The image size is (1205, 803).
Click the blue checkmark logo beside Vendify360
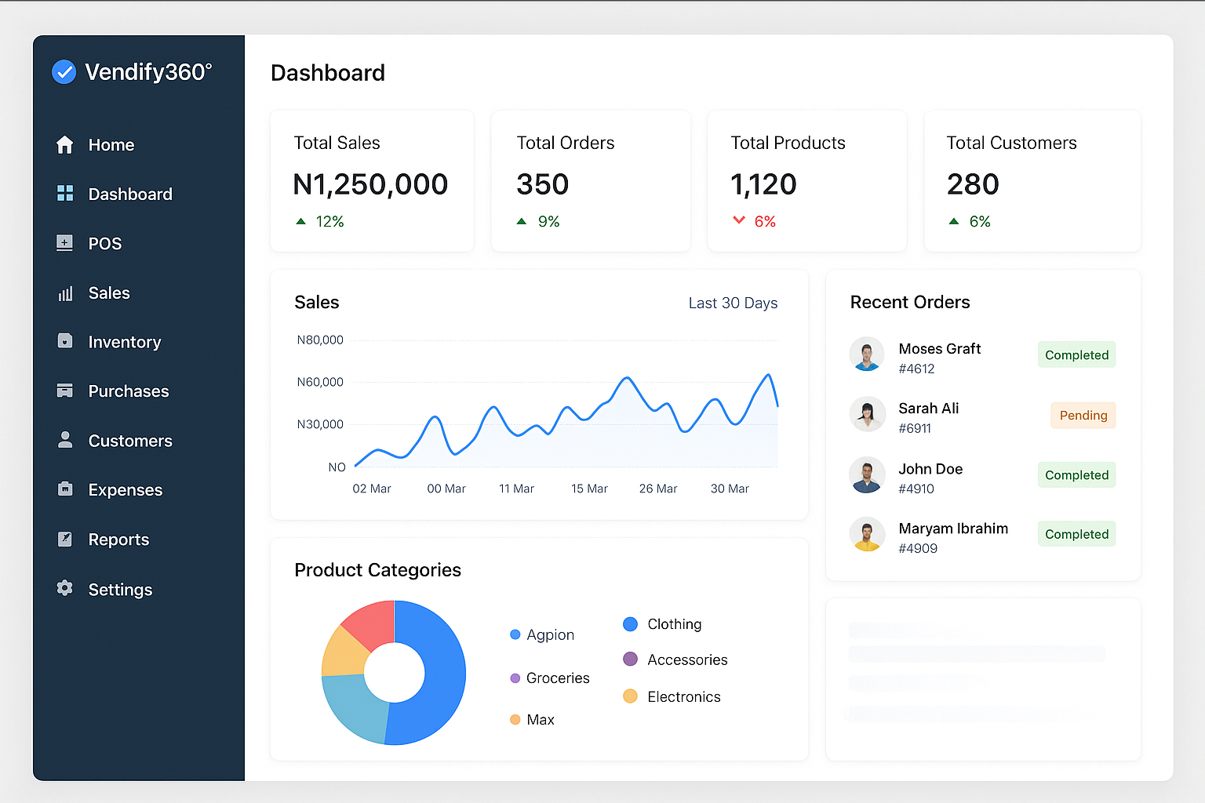pyautogui.click(x=64, y=72)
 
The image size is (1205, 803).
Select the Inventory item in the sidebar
pyautogui.click(x=124, y=342)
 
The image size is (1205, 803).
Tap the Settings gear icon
pyautogui.click(x=65, y=588)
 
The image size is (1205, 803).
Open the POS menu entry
pyautogui.click(x=104, y=243)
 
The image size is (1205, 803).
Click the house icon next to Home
pyautogui.click(x=65, y=145)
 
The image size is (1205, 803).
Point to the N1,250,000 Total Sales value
pyautogui.click(x=370, y=184)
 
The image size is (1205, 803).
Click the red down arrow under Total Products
pyautogui.click(x=738, y=220)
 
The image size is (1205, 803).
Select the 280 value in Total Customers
pyautogui.click(x=973, y=184)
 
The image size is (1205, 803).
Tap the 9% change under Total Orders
pyautogui.click(x=548, y=222)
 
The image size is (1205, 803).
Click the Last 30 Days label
pyautogui.click(x=733, y=303)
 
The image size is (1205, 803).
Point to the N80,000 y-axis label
pyautogui.click(x=320, y=340)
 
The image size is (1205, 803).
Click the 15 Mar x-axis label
pyautogui.click(x=589, y=489)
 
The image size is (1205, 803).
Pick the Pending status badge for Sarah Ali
pyautogui.click(x=1083, y=416)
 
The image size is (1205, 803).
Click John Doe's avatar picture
pyautogui.click(x=867, y=474)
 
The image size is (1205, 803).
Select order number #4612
pyautogui.click(x=916, y=369)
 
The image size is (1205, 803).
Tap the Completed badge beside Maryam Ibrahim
pyautogui.click(x=1076, y=534)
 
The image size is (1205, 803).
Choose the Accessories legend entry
pyautogui.click(x=687, y=659)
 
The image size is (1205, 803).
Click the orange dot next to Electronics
pyautogui.click(x=630, y=696)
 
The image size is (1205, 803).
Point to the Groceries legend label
pyautogui.click(x=558, y=678)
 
